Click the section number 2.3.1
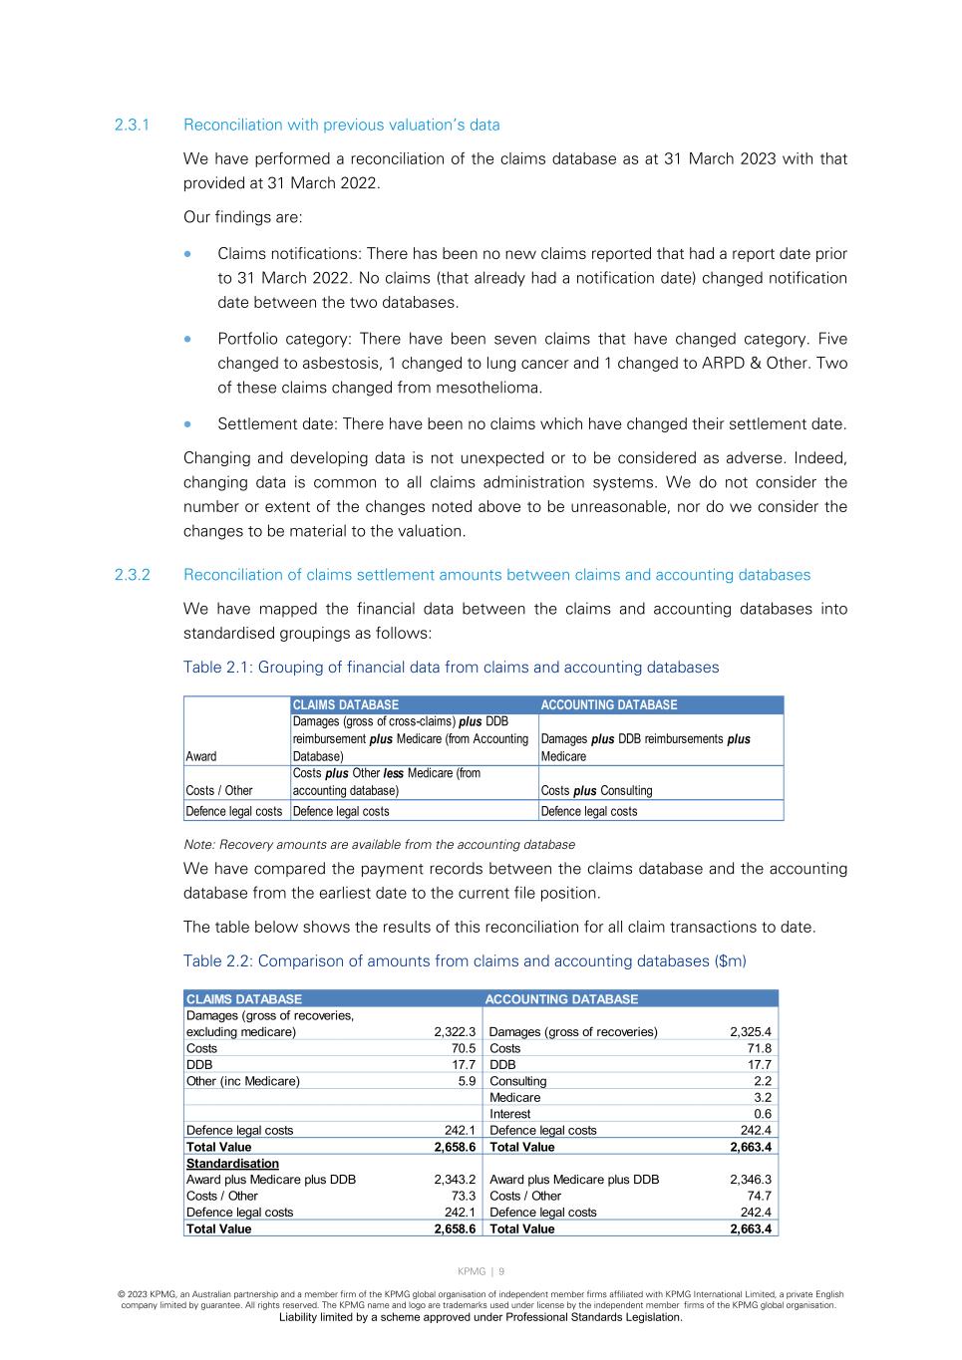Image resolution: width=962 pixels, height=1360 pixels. pyautogui.click(x=132, y=125)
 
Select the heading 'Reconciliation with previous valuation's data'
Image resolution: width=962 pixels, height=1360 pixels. pyautogui.click(x=341, y=125)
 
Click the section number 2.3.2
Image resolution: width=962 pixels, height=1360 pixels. pyautogui.click(x=132, y=575)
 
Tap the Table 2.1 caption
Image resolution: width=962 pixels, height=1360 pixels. pyautogui.click(x=451, y=668)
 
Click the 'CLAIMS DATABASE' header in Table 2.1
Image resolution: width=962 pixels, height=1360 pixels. pyautogui.click(x=345, y=705)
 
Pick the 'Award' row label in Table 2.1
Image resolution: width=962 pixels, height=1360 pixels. pyautogui.click(x=201, y=756)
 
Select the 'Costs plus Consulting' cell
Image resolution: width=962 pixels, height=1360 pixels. pyautogui.click(x=596, y=791)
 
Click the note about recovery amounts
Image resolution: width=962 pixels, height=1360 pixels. pyautogui.click(x=379, y=845)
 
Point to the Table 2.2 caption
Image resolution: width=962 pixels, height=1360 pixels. pyautogui.click(x=465, y=961)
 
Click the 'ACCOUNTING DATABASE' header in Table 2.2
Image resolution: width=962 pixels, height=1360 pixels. pyautogui.click(x=561, y=999)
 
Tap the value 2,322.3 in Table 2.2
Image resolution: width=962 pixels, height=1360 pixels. pyautogui.click(x=455, y=1032)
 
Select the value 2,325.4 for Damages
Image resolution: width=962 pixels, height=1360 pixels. pyautogui.click(x=751, y=1032)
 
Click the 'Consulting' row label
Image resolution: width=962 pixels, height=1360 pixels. pyautogui.click(x=518, y=1081)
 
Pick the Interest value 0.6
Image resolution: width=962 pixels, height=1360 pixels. pyautogui.click(x=763, y=1114)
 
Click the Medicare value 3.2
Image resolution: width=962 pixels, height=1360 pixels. pyautogui.click(x=763, y=1098)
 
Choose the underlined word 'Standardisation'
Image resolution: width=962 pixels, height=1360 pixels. pyautogui.click(x=232, y=1164)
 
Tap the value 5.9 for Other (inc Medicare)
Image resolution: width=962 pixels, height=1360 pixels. pyautogui.click(x=467, y=1081)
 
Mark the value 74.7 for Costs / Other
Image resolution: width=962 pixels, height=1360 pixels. pyautogui.click(x=760, y=1197)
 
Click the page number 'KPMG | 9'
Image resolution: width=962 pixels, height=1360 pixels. pyautogui.click(x=481, y=1271)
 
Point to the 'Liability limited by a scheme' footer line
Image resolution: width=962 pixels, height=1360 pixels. pyautogui.click(x=481, y=1317)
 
